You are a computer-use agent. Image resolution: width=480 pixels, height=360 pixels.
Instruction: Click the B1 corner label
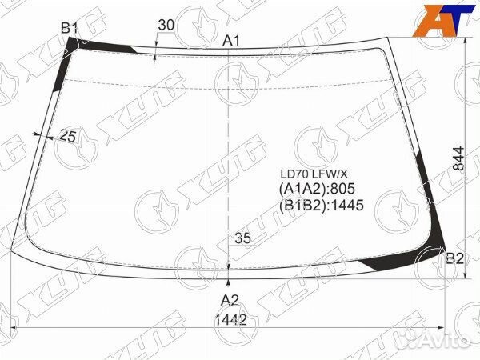69,29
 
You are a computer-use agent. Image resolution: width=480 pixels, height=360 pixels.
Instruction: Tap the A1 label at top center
231,41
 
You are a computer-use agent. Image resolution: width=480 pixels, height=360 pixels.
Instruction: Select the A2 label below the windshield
230,300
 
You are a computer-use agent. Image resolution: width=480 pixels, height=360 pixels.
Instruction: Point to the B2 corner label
454,259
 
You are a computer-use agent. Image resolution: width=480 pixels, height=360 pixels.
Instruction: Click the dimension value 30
166,25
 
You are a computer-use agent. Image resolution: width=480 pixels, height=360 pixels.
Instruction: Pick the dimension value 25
68,136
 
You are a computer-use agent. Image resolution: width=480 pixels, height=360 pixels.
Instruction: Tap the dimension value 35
242,238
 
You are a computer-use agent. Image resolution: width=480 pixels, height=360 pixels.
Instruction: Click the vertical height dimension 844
458,158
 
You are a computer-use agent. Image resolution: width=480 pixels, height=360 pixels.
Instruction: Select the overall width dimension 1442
231,320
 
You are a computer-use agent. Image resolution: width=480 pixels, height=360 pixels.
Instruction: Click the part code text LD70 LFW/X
314,174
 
